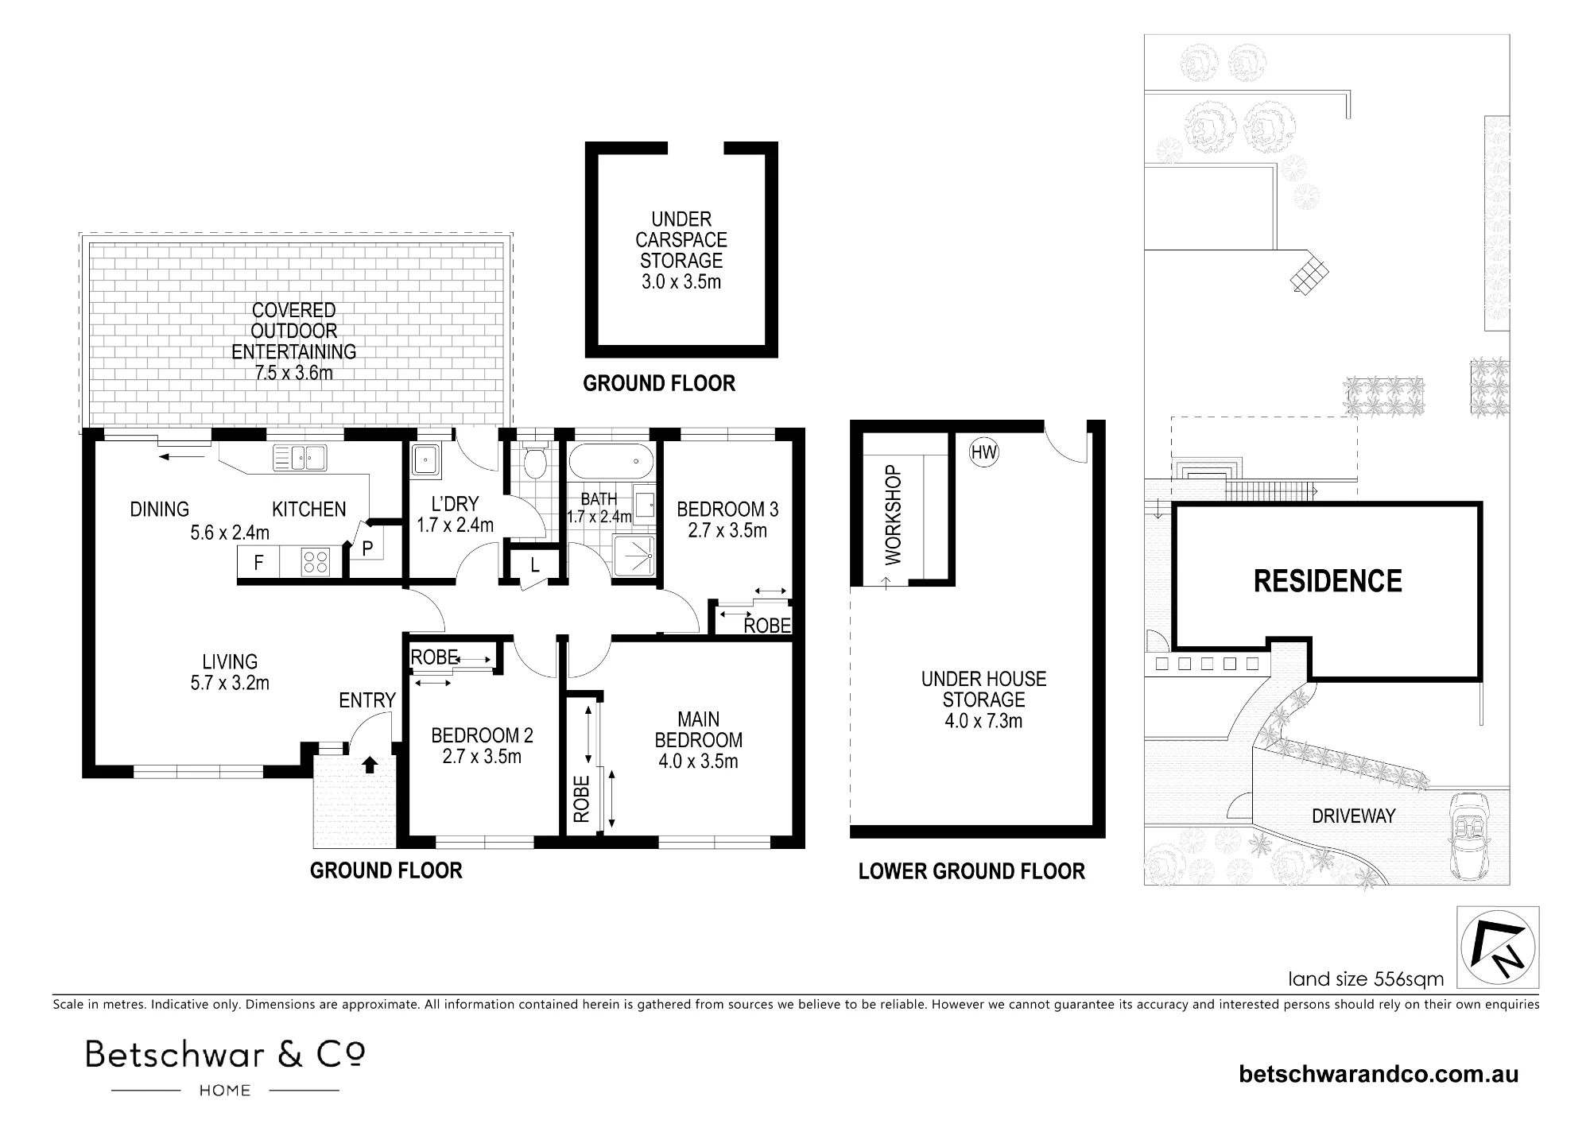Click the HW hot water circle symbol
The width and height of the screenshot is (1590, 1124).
(984, 453)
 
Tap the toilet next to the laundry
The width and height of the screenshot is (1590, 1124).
(535, 459)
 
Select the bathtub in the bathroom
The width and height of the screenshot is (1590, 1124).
(611, 460)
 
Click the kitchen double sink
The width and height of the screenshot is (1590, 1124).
(300, 457)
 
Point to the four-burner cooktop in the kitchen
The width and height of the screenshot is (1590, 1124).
(315, 563)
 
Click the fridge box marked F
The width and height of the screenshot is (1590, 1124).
(258, 563)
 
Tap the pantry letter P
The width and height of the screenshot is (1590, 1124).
(367, 549)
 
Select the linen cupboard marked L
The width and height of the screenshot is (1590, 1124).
(535, 566)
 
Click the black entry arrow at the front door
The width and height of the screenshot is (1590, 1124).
(369, 765)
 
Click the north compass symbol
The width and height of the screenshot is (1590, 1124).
(1498, 947)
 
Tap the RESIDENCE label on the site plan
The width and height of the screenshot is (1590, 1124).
(1328, 581)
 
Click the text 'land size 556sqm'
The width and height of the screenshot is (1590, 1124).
(1366, 979)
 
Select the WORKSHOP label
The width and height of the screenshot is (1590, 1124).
(894, 515)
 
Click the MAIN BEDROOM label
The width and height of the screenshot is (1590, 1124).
(699, 730)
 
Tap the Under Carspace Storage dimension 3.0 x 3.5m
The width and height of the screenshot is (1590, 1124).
(681, 281)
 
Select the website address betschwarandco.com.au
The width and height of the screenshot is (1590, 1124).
(1379, 1075)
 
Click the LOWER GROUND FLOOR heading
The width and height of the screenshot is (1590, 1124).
(971, 871)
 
